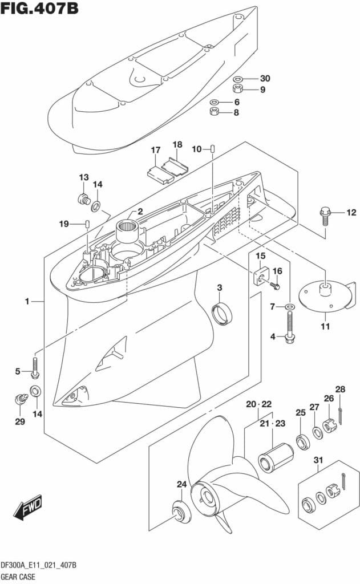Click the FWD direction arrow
[28, 508]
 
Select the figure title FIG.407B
[39, 8]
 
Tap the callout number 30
[265, 78]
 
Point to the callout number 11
[325, 327]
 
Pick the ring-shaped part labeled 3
[222, 314]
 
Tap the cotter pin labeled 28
[341, 416]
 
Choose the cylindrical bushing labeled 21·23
[276, 457]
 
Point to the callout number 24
[181, 485]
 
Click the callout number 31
[318, 460]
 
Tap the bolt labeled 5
[35, 367]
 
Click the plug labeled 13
[84, 198]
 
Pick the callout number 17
[156, 150]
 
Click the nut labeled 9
[238, 88]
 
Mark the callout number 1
[27, 301]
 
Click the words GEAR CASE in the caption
[18, 577]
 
